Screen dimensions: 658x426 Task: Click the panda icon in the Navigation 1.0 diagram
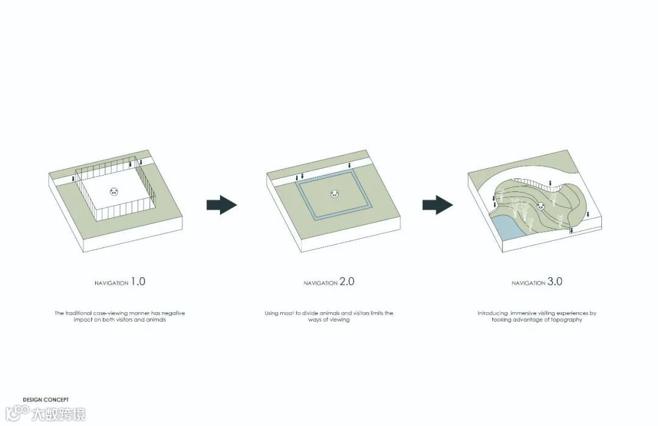tap(114, 192)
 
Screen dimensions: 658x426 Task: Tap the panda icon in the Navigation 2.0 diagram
tap(334, 194)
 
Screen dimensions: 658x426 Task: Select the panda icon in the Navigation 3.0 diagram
tap(541, 206)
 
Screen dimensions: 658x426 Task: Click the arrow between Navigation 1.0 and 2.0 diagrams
tap(222, 205)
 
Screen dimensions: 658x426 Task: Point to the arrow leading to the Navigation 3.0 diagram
tap(437, 205)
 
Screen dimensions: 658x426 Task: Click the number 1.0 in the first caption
tap(138, 281)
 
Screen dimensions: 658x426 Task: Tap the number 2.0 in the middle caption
tap(347, 281)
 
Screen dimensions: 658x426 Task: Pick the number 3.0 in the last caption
tap(555, 281)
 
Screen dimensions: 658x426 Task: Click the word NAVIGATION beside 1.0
tap(111, 283)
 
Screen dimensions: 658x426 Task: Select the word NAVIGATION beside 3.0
tap(528, 283)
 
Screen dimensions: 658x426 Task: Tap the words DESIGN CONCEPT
tap(46, 400)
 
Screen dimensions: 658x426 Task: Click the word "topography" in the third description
tap(567, 320)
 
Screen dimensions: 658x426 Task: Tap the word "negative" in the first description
tap(173, 313)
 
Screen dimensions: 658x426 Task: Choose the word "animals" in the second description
tap(329, 313)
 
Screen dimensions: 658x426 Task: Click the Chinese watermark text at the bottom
tap(58, 414)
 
